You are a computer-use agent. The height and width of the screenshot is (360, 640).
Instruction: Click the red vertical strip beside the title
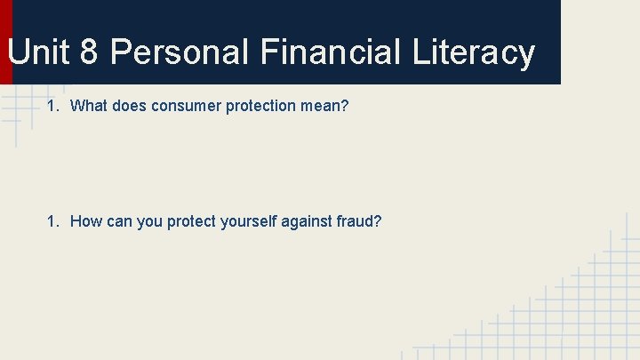coord(5,42)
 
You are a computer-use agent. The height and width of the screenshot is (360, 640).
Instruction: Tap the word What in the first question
coord(89,107)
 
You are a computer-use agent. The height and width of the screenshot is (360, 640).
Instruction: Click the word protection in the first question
coord(263,107)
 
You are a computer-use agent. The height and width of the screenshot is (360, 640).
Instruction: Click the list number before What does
coord(53,107)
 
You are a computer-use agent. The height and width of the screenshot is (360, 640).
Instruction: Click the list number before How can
coord(53,220)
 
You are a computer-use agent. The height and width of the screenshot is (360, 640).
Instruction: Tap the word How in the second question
coord(86,220)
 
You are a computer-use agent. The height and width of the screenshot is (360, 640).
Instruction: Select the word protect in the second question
coord(192,220)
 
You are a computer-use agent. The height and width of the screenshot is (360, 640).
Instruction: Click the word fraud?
coord(360,220)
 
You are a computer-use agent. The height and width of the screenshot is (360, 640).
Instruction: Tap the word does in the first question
coord(129,107)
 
